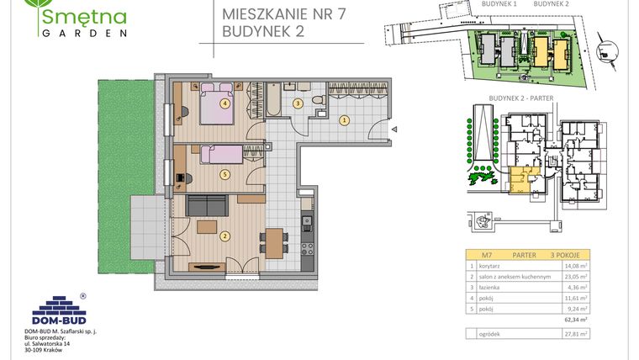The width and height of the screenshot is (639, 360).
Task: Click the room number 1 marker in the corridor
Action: pos(343,120)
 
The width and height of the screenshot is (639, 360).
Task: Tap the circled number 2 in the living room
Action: pos(224,236)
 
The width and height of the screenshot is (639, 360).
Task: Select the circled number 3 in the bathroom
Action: pos(297,103)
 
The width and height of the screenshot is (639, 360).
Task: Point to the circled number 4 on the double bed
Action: pos(224,103)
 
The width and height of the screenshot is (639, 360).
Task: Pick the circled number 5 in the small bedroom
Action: pos(224,174)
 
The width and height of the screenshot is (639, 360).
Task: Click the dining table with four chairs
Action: pos(272,241)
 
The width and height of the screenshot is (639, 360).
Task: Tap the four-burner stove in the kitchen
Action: pos(308,248)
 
